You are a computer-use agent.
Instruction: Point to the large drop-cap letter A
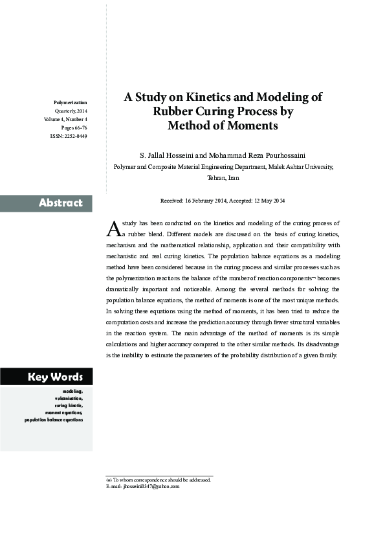(x=112, y=228)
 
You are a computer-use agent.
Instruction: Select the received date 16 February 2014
(x=208, y=201)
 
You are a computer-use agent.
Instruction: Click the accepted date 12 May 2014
(x=268, y=201)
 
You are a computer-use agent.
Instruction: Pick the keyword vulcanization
(x=69, y=398)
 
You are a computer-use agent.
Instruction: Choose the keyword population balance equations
(x=54, y=419)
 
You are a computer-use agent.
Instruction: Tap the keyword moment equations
(x=63, y=412)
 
